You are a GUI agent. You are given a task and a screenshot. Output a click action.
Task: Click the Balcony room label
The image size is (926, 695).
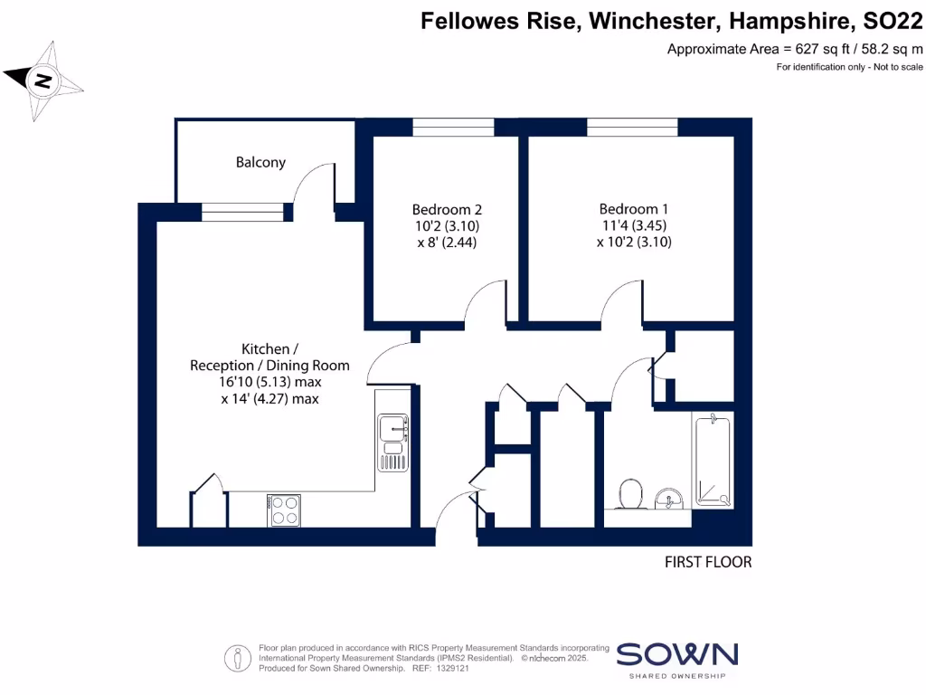point(260,163)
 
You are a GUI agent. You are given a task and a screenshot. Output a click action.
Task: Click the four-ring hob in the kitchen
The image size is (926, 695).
point(284,510)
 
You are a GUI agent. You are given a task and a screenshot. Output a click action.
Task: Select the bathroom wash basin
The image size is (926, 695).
point(669,497)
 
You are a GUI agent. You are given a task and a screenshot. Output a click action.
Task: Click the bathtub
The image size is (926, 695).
point(713,460)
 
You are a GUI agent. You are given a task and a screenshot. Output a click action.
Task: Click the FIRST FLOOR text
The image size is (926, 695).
point(708,562)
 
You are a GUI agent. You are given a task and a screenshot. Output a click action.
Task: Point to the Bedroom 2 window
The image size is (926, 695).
point(453,128)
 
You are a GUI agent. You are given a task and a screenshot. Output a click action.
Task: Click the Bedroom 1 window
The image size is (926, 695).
point(632,128)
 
